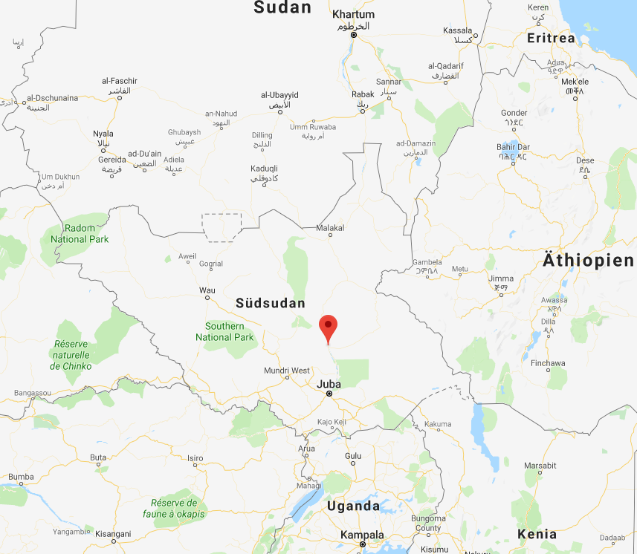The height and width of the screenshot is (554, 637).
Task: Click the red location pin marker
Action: [328, 327]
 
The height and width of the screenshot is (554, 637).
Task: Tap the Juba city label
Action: [329, 384]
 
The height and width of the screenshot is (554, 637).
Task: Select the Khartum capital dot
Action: [354, 35]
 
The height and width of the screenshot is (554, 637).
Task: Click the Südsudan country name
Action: [270, 303]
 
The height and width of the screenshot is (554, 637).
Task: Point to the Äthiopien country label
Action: [588, 261]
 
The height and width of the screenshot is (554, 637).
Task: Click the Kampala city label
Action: [362, 535]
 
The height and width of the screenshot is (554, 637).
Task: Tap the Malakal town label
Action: [330, 228]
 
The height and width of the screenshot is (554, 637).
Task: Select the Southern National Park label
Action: [224, 332]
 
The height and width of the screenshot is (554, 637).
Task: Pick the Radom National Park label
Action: [80, 233]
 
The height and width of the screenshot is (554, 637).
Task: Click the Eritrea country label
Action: [551, 38]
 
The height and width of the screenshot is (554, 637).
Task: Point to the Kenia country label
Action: [537, 534]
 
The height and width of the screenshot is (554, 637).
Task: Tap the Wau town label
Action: [207, 290]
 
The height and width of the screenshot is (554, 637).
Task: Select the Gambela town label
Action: [428, 262]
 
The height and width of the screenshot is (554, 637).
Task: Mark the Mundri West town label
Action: [287, 370]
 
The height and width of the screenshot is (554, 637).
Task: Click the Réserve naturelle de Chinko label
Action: [71, 355]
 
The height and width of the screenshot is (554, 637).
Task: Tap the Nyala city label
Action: [103, 134]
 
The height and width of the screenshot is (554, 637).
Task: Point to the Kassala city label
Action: [458, 30]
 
